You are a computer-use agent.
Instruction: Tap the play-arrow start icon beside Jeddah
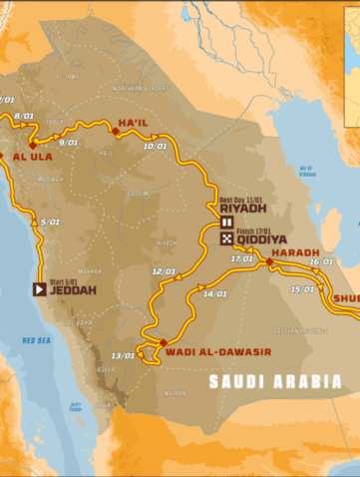39,290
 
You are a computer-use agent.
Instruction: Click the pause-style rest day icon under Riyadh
226,224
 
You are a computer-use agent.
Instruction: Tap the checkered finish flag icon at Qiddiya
226,239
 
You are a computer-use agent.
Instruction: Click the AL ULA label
27,157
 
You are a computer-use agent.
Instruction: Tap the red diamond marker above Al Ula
32,144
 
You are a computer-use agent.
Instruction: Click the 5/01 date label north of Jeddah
40,223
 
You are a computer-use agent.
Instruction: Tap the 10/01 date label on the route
155,147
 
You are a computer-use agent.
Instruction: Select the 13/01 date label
123,355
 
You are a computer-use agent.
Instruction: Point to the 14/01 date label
214,294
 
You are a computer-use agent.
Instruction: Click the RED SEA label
37,340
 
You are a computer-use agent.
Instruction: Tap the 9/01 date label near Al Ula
69,143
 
